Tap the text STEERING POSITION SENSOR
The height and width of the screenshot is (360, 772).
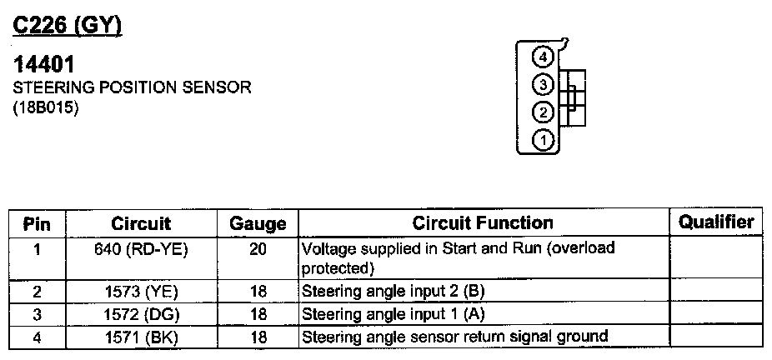point(132,87)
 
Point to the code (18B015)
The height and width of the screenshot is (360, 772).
point(47,107)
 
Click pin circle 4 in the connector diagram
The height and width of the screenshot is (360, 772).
point(544,57)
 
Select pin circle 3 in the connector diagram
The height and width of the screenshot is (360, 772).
point(544,85)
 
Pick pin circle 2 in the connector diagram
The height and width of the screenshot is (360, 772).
point(544,113)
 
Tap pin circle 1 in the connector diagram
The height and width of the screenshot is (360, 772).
point(544,140)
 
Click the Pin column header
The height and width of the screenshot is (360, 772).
point(37,223)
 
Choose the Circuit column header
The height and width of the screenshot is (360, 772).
point(140,223)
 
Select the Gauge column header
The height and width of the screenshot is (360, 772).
point(258,223)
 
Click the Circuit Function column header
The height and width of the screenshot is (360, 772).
point(483,222)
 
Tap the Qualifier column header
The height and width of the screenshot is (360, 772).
point(716,222)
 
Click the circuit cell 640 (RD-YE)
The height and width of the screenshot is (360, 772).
point(140,248)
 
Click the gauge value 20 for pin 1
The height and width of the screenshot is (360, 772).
point(258,248)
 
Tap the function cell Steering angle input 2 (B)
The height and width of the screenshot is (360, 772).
point(393,292)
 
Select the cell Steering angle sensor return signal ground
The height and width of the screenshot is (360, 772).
point(454,337)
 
